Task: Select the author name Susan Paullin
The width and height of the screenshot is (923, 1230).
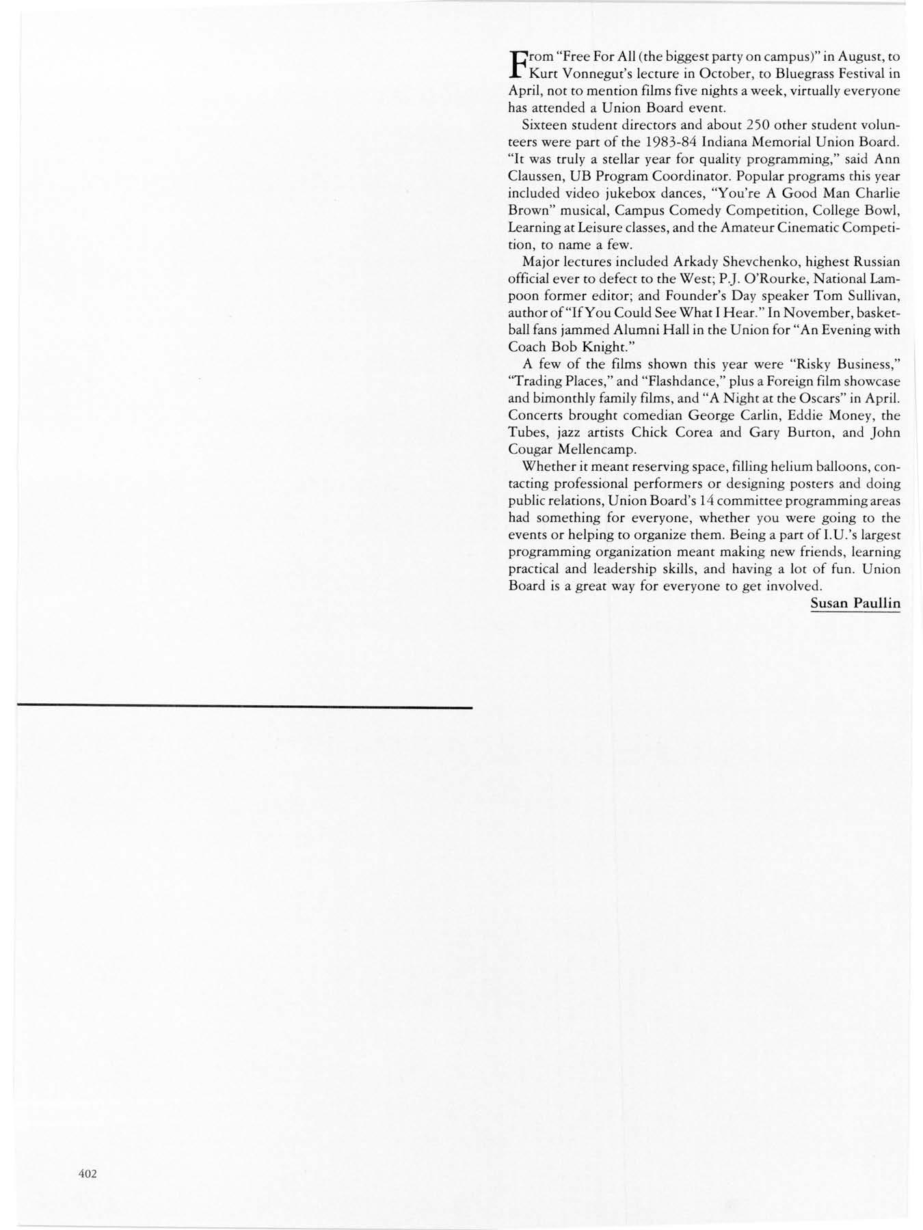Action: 855,603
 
